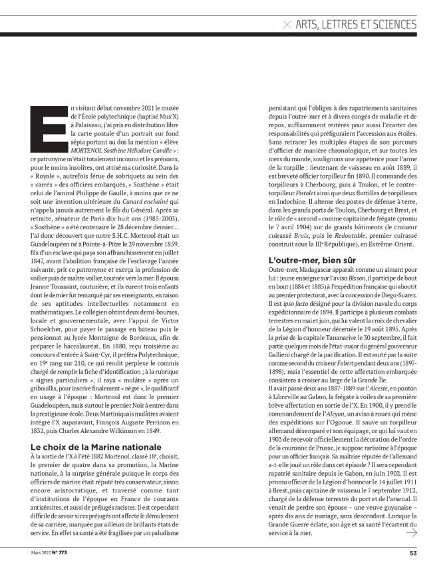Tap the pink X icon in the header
coord(287,25)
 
